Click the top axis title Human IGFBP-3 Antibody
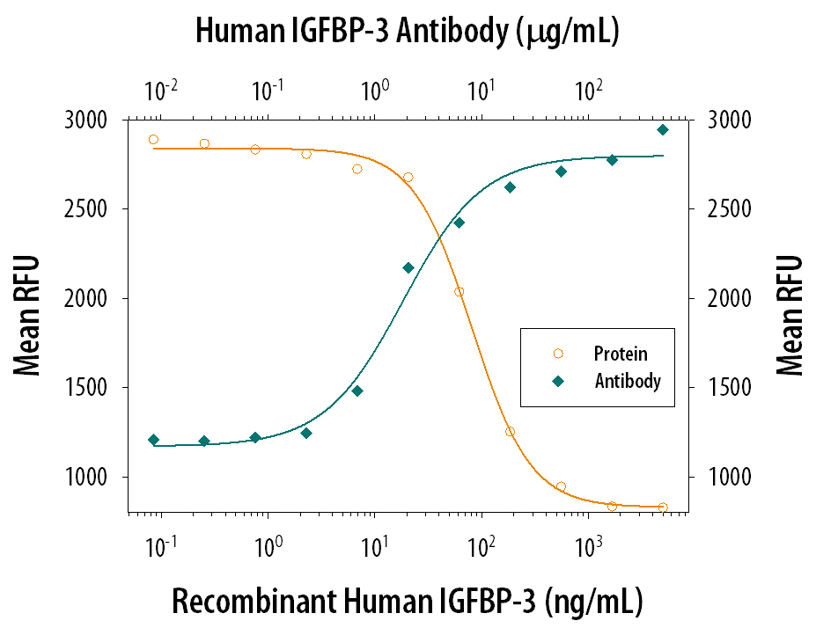coord(408,33)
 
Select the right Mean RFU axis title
coord(790,315)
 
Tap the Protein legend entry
coord(620,354)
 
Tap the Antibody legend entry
coord(627,382)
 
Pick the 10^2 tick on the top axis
coord(589,91)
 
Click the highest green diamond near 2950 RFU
coord(663,129)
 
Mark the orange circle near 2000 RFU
coord(459,292)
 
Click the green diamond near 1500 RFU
coord(357,391)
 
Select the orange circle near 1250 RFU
coord(510,432)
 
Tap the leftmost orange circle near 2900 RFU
coord(153,139)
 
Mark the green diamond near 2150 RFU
coord(408,267)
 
